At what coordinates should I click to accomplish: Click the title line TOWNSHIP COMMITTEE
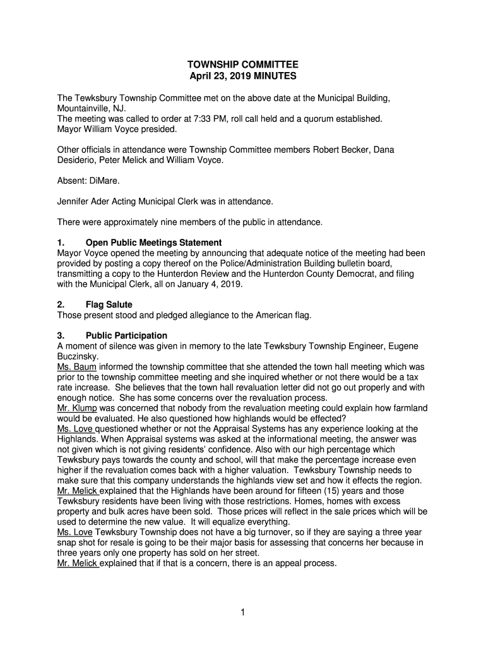pyautogui.click(x=242, y=65)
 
